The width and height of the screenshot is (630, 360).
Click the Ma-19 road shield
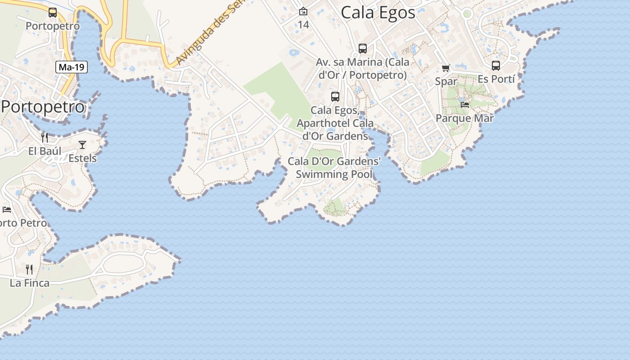click(72, 67)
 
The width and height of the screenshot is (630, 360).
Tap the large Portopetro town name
click(43, 107)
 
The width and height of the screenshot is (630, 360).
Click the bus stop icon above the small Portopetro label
click(53, 13)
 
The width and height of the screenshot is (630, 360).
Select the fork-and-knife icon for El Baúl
click(45, 137)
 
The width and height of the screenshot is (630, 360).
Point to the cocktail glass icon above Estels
click(82, 144)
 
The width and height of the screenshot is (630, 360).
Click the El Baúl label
click(45, 151)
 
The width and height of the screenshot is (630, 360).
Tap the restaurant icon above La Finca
click(29, 269)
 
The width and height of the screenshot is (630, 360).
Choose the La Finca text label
click(30, 283)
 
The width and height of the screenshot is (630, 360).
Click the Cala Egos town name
click(378, 13)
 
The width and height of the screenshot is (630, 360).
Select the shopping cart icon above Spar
click(446, 68)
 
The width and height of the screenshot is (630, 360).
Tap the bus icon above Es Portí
click(496, 66)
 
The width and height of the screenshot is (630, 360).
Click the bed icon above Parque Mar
click(465, 104)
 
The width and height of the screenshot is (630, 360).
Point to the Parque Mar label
click(464, 118)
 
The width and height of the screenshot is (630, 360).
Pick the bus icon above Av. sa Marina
click(363, 49)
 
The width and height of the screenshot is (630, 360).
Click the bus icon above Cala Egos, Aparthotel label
click(335, 96)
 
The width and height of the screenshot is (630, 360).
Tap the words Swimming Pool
click(334, 174)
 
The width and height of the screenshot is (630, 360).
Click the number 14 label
click(304, 25)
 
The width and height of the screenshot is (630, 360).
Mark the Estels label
click(82, 158)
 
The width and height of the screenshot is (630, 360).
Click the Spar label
click(446, 81)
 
